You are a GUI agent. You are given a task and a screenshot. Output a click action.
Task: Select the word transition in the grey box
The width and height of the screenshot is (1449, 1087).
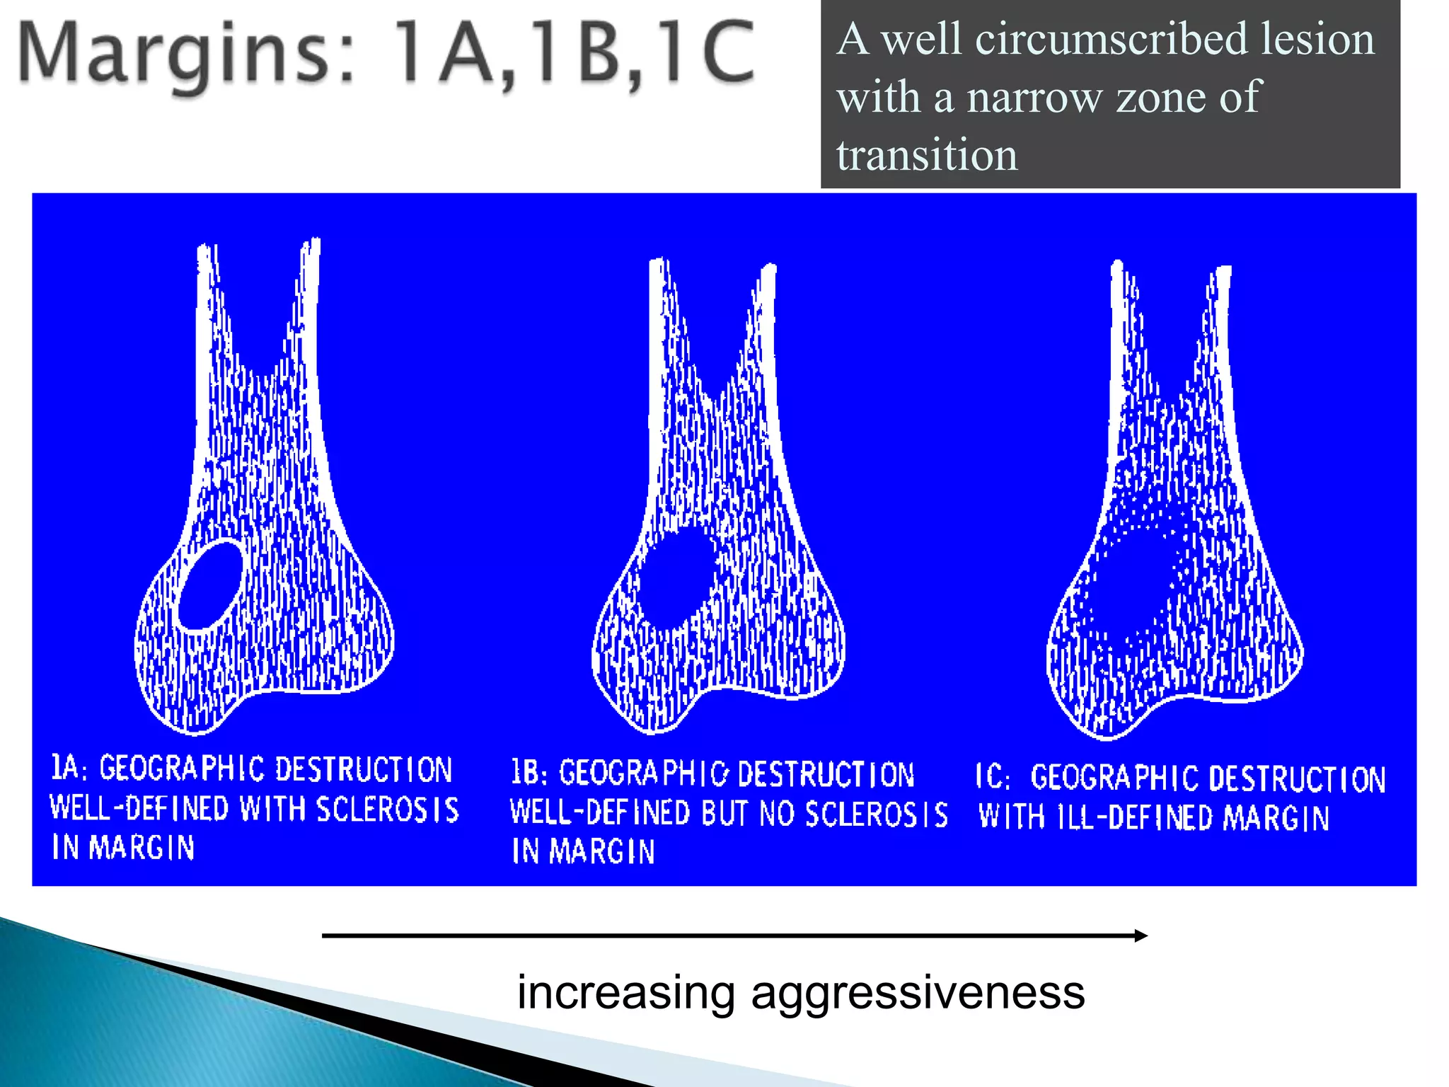pyautogui.click(x=927, y=155)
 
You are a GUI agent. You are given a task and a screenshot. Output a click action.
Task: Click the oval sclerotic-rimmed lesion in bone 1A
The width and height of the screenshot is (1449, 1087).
pyautogui.click(x=210, y=585)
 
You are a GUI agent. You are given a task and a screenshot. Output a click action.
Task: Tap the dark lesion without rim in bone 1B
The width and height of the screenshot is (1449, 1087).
pyautogui.click(x=675, y=577)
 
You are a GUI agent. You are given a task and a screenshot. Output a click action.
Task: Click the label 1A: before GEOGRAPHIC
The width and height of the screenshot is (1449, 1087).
pyautogui.click(x=69, y=768)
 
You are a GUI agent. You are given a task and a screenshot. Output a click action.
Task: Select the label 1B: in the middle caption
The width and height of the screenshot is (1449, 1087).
pyautogui.click(x=529, y=773)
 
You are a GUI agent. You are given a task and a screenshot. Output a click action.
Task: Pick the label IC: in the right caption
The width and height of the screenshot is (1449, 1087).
pyautogui.click(x=993, y=777)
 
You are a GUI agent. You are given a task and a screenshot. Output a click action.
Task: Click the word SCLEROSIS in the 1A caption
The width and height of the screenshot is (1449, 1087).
pyautogui.click(x=387, y=810)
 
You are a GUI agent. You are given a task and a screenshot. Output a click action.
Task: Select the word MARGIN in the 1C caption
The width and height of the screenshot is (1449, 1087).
pyautogui.click(x=1276, y=818)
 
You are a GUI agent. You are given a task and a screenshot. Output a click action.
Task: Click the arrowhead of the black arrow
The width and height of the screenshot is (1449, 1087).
pyautogui.click(x=1141, y=936)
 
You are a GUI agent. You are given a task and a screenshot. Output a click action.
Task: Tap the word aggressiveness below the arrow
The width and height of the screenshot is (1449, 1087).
pyautogui.click(x=918, y=992)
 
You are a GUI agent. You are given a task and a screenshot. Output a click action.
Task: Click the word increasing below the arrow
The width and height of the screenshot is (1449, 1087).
pyautogui.click(x=626, y=992)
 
